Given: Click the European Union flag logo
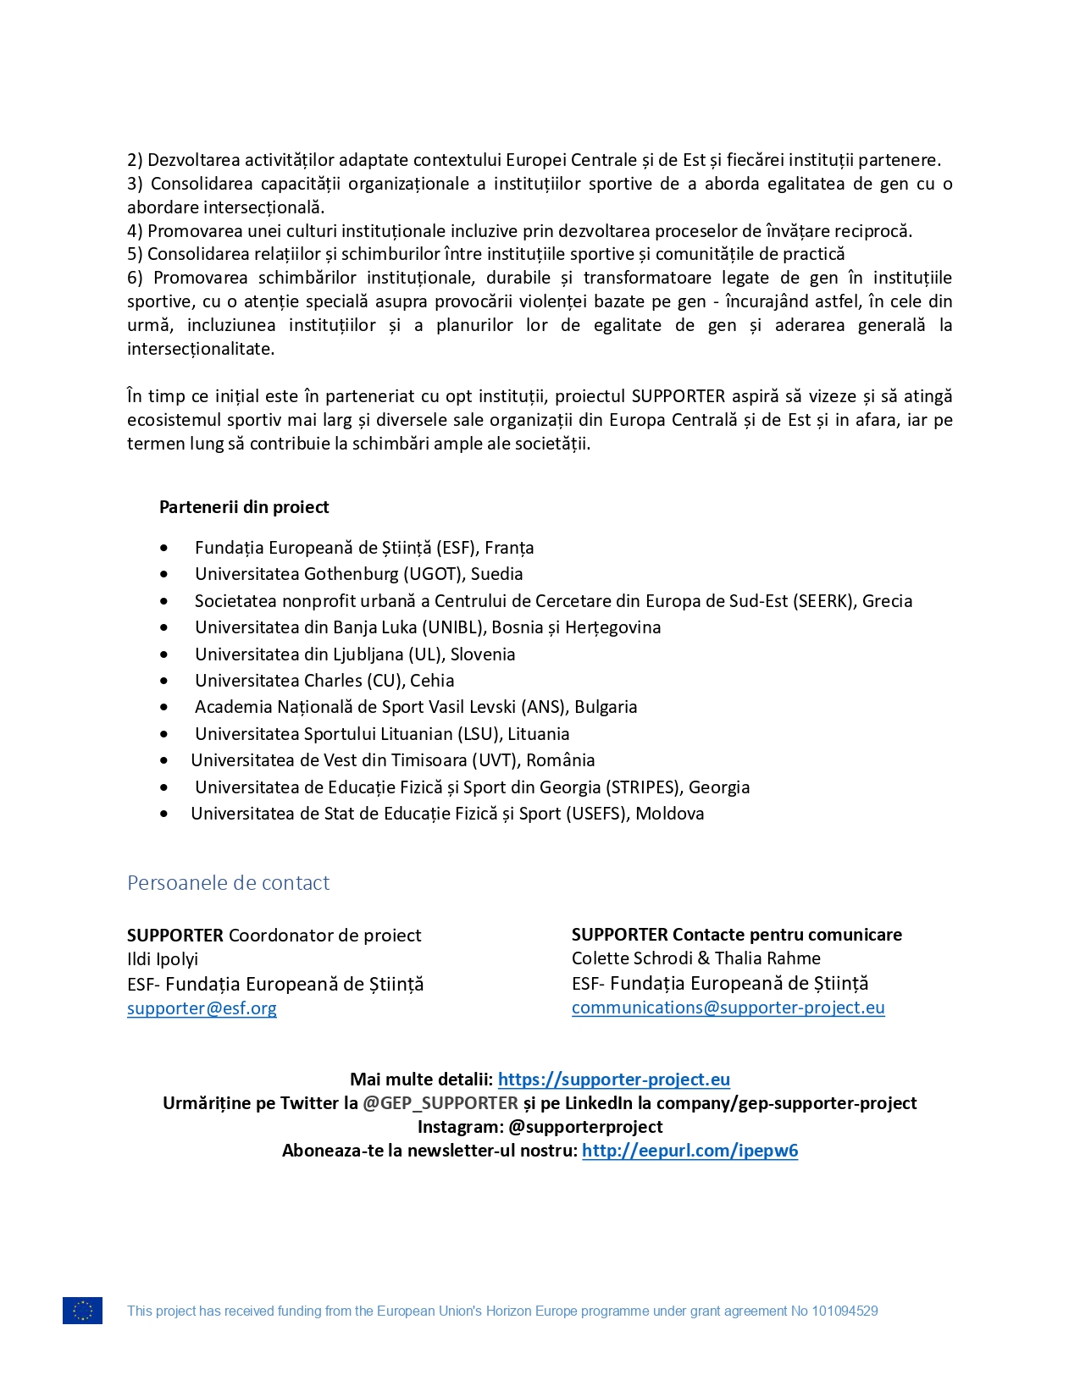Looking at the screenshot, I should pos(82,1310).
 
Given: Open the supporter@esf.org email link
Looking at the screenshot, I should pos(202,1008).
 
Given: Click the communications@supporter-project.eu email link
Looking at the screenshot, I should pos(728,1008).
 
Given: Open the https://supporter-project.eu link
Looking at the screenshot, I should pos(613,1079).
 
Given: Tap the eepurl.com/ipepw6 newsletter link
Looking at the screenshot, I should pos(690,1151).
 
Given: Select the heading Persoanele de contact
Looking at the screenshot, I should pos(228,883).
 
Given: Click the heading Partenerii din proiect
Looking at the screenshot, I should pos(244,507).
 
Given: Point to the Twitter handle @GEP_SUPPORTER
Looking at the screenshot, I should pos(440,1103).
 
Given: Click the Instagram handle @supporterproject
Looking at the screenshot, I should pos(585,1127).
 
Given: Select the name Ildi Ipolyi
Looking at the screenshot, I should pos(163,959).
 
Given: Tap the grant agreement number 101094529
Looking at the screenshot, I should pos(845,1311).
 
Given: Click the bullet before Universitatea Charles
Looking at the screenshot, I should pos(163,682).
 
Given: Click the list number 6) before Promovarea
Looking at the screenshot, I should pos(136,278).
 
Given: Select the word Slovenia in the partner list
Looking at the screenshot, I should pos(482,654).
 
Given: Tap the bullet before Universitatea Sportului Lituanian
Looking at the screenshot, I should pos(163,735).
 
